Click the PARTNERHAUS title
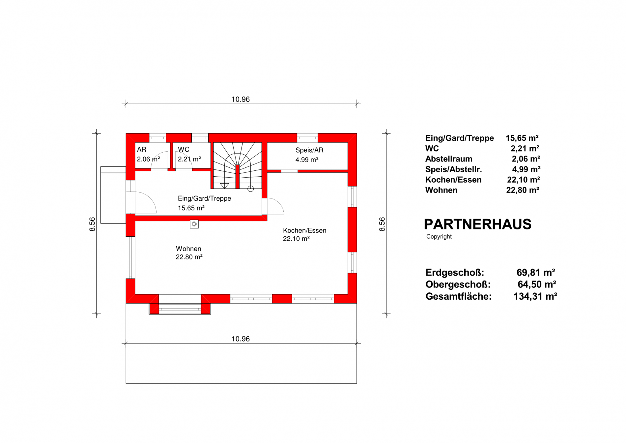click(477, 224)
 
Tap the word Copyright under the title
click(439, 237)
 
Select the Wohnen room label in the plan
click(188, 249)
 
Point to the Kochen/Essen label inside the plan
click(305, 230)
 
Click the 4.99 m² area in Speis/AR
click(307, 160)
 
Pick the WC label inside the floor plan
click(184, 150)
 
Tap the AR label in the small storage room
click(142, 150)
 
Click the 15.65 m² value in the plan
click(191, 208)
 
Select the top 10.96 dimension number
click(241, 99)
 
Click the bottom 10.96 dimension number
click(241, 339)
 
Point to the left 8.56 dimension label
click(92, 224)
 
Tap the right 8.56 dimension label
click(382, 224)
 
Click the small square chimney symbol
click(194, 224)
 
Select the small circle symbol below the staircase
click(251, 189)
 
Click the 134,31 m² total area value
click(535, 296)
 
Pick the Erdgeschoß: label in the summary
click(455, 273)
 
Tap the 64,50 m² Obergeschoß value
click(537, 284)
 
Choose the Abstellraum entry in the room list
click(449, 159)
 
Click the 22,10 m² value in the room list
click(524, 180)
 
